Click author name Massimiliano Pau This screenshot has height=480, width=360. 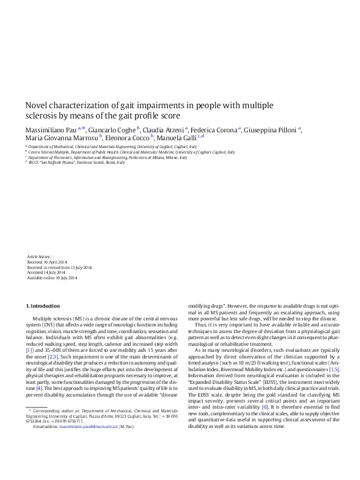point(51,129)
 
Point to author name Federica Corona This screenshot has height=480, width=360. point(215,129)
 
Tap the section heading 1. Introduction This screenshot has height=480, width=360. point(44,306)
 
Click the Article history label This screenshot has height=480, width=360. point(39,257)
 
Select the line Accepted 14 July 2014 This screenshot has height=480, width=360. point(48,273)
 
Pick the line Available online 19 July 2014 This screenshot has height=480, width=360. point(52,278)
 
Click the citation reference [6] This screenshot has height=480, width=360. point(265,407)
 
